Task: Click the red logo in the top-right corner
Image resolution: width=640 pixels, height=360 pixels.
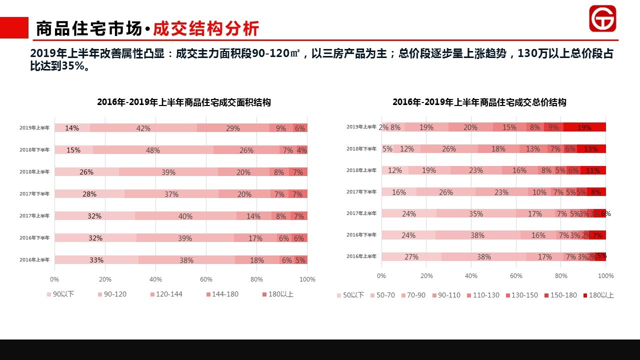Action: pyautogui.click(x=602, y=19)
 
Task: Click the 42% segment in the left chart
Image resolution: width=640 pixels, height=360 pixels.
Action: pyautogui.click(x=143, y=128)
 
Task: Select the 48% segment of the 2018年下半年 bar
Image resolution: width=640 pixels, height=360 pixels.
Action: pyautogui.click(x=152, y=150)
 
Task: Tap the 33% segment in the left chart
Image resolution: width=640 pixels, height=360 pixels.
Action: pyautogui.click(x=96, y=260)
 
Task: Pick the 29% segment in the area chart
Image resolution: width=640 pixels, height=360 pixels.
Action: pyautogui.click(x=232, y=128)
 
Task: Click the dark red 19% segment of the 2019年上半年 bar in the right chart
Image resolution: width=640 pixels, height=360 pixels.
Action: pyautogui.click(x=584, y=127)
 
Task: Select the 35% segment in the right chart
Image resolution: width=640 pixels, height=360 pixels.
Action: pyautogui.click(x=475, y=213)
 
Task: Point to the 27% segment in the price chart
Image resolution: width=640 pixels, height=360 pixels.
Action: pyautogui.click(x=411, y=256)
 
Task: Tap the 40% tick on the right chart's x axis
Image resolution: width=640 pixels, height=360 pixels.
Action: pyautogui.click(x=471, y=275)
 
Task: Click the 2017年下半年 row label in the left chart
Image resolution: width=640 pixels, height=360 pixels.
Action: pyautogui.click(x=34, y=194)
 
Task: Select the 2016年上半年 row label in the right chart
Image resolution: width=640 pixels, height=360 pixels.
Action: pyautogui.click(x=361, y=256)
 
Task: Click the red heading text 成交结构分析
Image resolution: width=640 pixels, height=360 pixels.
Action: pyautogui.click(x=206, y=29)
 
